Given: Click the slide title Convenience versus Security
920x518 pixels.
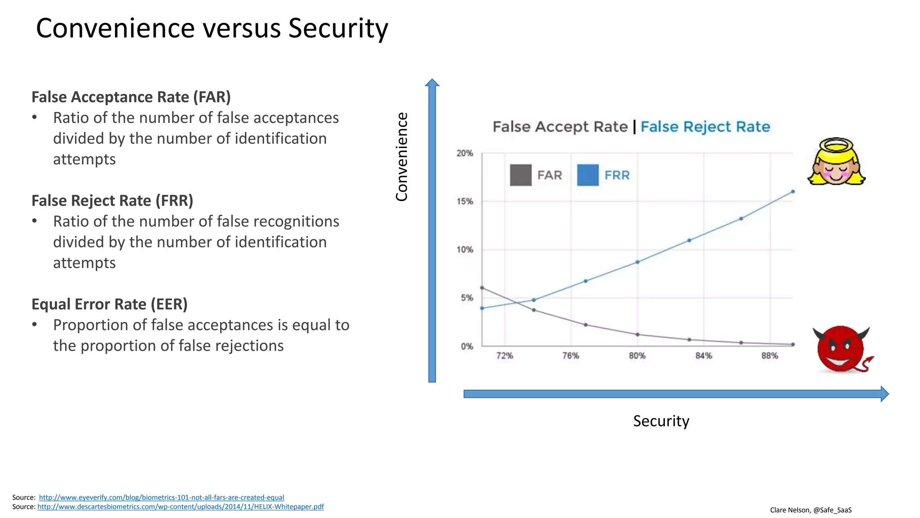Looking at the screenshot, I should (x=212, y=28).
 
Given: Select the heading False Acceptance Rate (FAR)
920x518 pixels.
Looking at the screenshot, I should (x=131, y=97).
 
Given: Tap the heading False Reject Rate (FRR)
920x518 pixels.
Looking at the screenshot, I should (x=112, y=201).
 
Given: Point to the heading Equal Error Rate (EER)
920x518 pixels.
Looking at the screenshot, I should (x=109, y=304).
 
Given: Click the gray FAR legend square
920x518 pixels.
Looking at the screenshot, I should (x=521, y=175).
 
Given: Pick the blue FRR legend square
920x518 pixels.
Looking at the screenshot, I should (x=588, y=175).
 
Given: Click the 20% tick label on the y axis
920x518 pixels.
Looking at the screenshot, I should (x=464, y=153).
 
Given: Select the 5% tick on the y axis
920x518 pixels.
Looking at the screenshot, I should (x=467, y=298).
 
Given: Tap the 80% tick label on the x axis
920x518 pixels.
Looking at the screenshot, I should (x=637, y=356).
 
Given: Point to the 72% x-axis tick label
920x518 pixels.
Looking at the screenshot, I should (x=504, y=356).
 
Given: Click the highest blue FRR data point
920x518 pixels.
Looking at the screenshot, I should (x=793, y=192).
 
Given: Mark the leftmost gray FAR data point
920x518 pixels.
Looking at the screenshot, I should (x=482, y=288).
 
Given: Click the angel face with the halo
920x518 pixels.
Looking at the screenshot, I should (x=836, y=162).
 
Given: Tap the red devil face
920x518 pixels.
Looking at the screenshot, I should (x=841, y=349).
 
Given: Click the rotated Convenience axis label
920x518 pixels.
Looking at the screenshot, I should (x=402, y=157).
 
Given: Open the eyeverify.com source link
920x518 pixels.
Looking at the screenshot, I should (x=161, y=497).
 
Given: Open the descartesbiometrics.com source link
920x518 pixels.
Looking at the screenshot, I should (x=180, y=507).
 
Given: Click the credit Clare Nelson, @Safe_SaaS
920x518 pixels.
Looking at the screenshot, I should (x=810, y=510).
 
